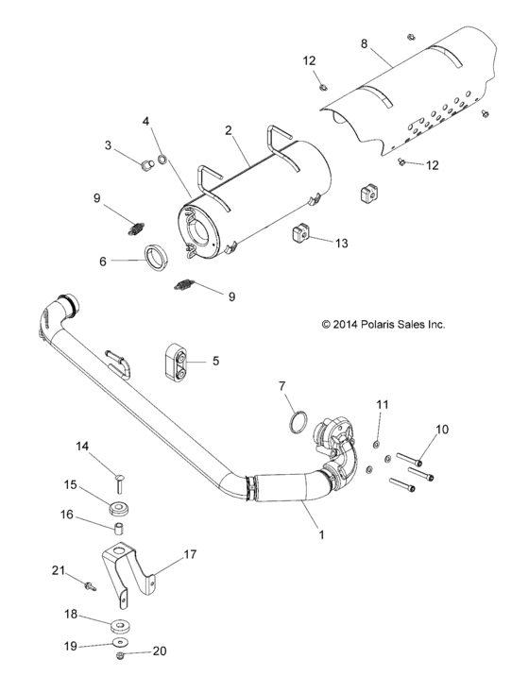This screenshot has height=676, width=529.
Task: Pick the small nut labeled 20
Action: click(x=120, y=653)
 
